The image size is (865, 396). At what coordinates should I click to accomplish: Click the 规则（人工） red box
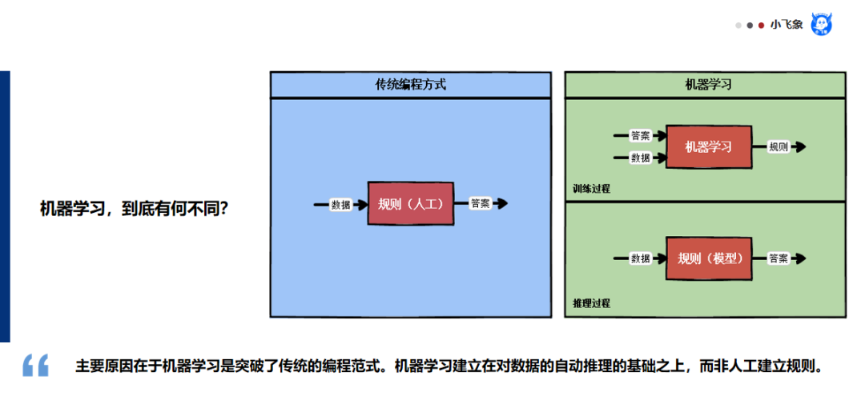[410, 203]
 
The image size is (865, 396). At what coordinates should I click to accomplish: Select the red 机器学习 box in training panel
[708, 147]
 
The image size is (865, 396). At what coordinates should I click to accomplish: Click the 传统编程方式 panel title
[410, 84]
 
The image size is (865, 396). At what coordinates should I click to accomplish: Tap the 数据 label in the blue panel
[341, 204]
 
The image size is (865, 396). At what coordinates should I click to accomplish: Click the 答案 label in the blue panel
[481, 203]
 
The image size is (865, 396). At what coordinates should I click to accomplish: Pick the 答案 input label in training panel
[640, 135]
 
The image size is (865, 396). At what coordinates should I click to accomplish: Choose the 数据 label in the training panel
[640, 158]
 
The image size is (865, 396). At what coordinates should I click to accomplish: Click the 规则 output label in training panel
[778, 147]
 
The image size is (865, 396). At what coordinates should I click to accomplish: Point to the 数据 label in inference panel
[640, 258]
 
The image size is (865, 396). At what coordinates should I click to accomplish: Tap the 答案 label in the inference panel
[778, 258]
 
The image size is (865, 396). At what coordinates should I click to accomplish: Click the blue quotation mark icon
[36, 365]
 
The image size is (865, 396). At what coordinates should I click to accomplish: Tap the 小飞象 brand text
[787, 25]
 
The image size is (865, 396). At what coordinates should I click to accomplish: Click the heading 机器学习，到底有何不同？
[135, 209]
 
